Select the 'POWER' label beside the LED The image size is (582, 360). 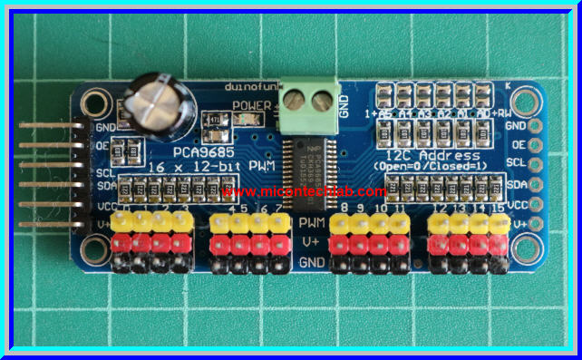248,105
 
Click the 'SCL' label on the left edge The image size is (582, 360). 106,170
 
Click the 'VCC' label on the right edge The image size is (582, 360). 517,205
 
